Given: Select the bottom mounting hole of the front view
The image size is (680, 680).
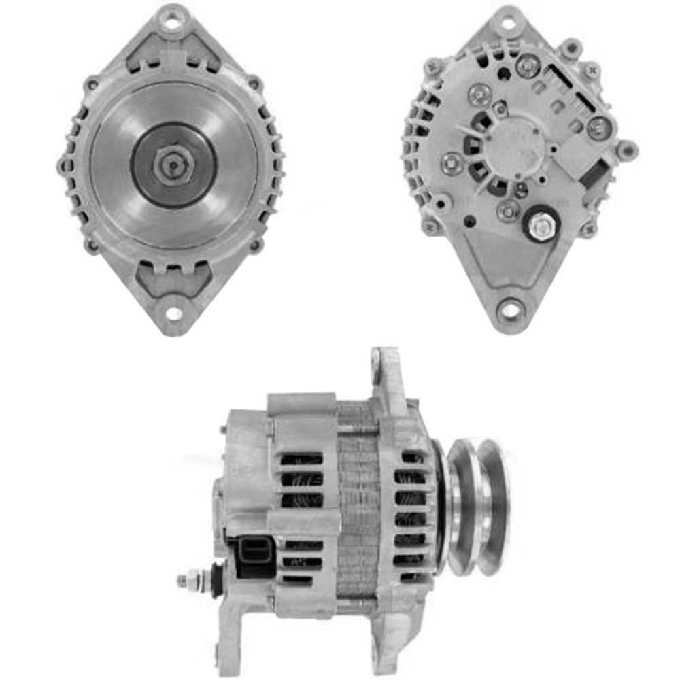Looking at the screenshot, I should (x=173, y=313).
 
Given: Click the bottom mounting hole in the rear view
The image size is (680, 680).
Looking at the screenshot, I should (x=509, y=311).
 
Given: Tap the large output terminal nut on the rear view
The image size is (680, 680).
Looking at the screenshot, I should (x=542, y=227).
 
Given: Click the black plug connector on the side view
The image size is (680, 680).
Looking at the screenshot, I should (x=256, y=549).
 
